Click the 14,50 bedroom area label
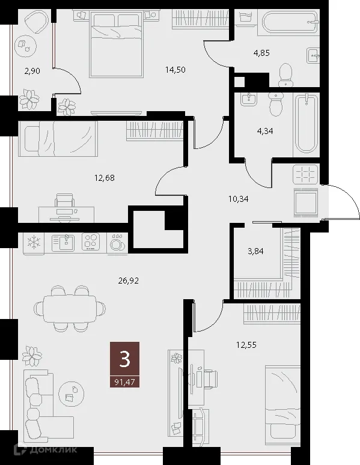pyautogui.click(x=175, y=69)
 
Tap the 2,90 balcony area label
pyautogui.click(x=32, y=71)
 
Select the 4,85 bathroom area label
pyautogui.click(x=261, y=53)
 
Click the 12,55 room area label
pyautogui.click(x=247, y=344)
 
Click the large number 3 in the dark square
pyautogui.click(x=125, y=359)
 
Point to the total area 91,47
pyautogui.click(x=125, y=381)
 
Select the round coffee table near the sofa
pyautogui.click(x=72, y=392)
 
